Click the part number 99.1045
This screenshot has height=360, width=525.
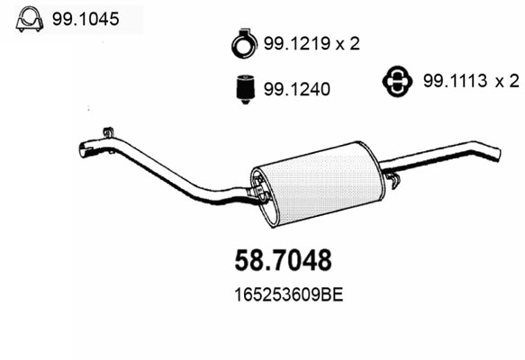(86, 19)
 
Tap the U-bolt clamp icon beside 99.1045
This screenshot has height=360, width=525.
(30, 20)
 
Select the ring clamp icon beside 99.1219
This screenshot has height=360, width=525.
(244, 43)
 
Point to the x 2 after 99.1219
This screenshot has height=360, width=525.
(348, 44)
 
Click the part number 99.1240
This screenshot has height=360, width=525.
(297, 89)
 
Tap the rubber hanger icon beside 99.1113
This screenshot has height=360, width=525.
(397, 81)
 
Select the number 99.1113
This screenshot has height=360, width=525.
(455, 81)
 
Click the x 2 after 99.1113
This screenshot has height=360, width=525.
(508, 81)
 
